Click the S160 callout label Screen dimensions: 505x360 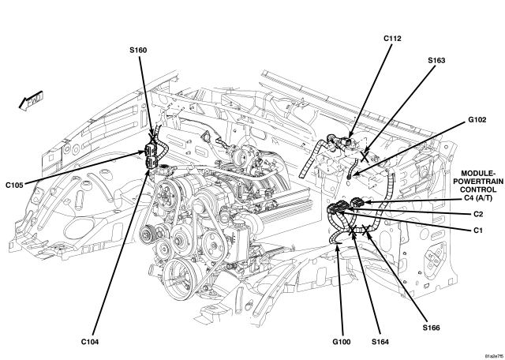pos(138,51)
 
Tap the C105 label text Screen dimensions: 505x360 pos(14,186)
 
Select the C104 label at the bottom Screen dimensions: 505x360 pos(90,342)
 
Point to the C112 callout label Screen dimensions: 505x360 pos(392,39)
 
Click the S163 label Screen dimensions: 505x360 pos(436,61)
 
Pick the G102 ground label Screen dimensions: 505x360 pos(477,120)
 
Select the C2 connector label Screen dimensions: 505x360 pos(478,214)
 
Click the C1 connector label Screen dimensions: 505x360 pos(478,231)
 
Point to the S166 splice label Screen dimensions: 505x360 pos(432,328)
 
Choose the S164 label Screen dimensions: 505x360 pos(380,342)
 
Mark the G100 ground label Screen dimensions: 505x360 pos(342,342)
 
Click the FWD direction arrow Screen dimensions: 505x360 pos(31,101)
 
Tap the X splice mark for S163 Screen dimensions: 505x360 pos(365,156)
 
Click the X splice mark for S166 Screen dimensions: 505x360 pos(365,230)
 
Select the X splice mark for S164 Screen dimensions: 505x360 pos(352,230)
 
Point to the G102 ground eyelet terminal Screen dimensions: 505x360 pos(349,176)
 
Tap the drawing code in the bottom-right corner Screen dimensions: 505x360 pos(495,356)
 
